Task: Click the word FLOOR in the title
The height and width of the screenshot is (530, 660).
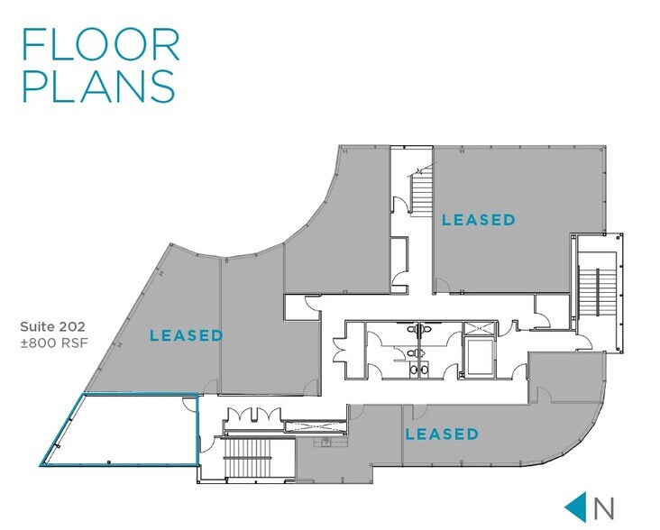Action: tap(100, 44)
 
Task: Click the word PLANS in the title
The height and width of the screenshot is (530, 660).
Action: tap(98, 87)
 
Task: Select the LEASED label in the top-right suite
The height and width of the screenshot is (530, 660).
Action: tap(478, 219)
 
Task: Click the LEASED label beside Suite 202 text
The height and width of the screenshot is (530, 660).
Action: tap(187, 335)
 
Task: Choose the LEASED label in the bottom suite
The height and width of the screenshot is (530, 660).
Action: tap(441, 434)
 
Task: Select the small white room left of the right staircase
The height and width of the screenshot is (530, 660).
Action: tap(547, 312)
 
